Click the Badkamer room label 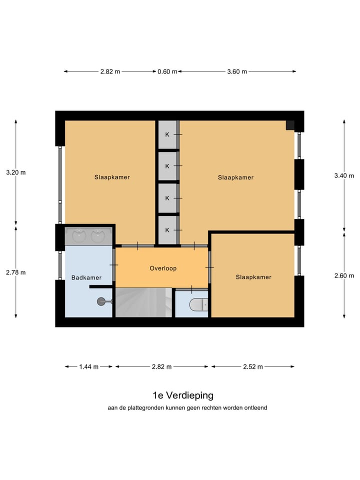(86, 277)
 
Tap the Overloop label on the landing (163, 268)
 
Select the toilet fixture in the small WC (198, 303)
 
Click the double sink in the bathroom (88, 235)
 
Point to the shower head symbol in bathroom (101, 301)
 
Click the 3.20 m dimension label (15, 172)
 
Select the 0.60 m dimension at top (167, 71)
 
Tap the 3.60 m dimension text (237, 71)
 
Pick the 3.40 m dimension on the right (344, 175)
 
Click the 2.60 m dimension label (344, 276)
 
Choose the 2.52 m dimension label (252, 366)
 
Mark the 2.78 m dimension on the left (15, 272)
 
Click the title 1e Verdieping (183, 395)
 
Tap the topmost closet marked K (167, 134)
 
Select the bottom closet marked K (167, 230)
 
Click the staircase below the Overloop (144, 302)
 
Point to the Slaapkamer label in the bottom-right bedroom (253, 277)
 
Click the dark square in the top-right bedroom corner (290, 125)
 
